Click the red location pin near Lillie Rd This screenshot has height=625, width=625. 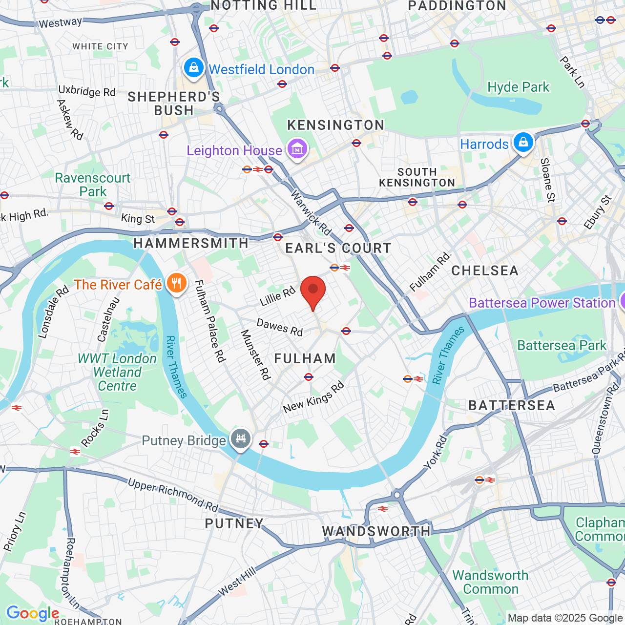point(312,291)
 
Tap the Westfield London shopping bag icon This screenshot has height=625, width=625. point(194,68)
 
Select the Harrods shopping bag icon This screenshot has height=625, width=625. point(523,143)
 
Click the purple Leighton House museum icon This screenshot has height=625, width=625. point(297,149)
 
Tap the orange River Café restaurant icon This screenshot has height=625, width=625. point(176,283)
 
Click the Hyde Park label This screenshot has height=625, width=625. point(518,87)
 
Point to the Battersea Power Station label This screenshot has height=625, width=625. point(542,303)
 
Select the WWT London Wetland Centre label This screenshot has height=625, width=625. point(117,372)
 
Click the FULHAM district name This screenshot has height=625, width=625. point(305,359)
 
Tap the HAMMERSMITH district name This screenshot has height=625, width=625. point(191,243)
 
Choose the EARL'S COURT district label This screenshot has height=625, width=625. point(338,249)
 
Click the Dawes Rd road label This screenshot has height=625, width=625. point(280,327)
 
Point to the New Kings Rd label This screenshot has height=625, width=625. point(313,397)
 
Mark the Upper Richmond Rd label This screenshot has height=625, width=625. point(173,494)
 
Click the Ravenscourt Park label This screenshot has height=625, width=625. point(93,185)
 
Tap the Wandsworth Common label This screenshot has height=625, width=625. point(490,582)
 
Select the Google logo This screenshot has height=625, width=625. point(33,613)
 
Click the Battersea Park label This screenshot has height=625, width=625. point(562,346)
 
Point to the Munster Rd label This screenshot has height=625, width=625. point(255,354)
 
